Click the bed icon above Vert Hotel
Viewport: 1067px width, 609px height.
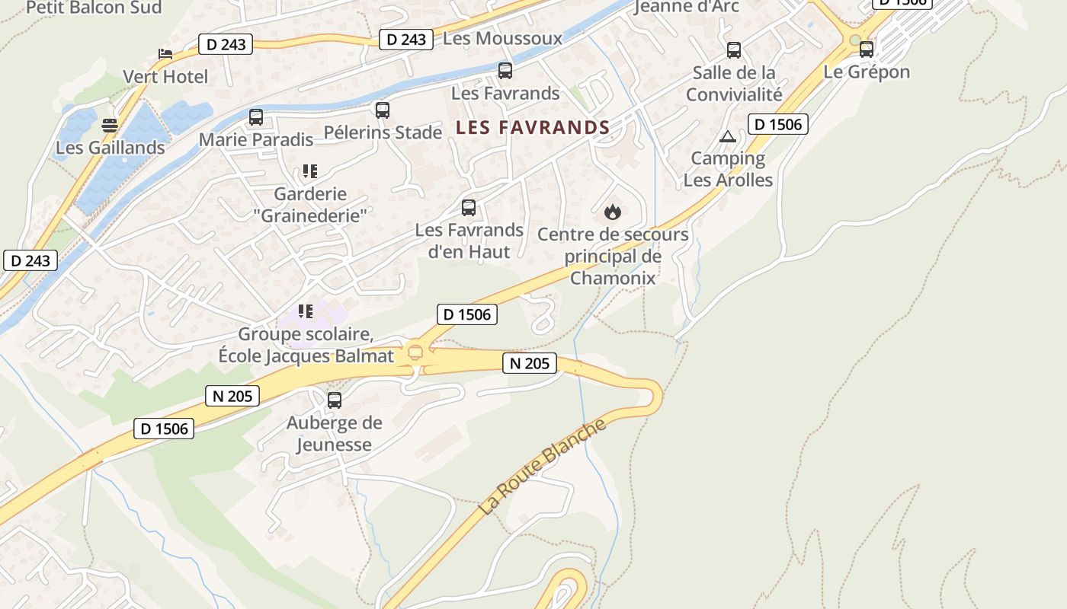[165, 53]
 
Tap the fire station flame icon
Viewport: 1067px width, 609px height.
[613, 212]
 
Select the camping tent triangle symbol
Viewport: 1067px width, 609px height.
[728, 137]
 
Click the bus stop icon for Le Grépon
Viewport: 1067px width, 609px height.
[867, 49]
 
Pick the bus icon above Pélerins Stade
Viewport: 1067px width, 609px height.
[383, 110]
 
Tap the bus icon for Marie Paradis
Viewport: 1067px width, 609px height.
[256, 117]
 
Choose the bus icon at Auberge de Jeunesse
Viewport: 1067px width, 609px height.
[335, 400]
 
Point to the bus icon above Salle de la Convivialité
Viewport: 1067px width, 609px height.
[734, 50]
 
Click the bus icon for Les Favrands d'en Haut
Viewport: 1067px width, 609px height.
[469, 208]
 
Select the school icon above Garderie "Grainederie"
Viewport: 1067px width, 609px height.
[309, 171]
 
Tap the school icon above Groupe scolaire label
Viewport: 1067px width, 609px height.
[306, 311]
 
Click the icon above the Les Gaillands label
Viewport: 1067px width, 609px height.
[111, 126]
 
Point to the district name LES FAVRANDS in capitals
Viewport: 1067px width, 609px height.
[533, 128]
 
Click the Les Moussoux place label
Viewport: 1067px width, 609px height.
[502, 38]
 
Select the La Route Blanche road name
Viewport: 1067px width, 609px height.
[543, 466]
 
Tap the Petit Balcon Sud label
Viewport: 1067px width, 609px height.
[94, 8]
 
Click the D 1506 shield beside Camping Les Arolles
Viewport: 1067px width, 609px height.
[777, 124]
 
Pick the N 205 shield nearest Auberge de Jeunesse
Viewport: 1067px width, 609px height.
[232, 396]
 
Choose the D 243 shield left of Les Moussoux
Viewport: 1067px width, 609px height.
[406, 40]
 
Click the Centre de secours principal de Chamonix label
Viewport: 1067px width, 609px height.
[613, 256]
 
